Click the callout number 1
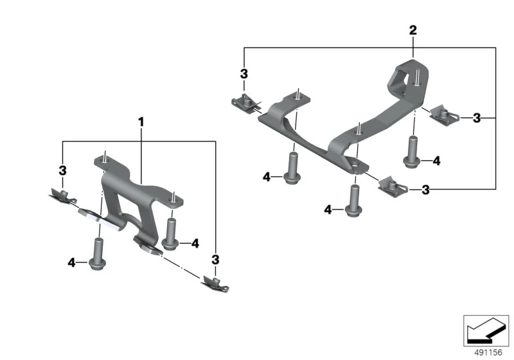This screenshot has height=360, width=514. coord(141,122)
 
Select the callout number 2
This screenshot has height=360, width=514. coord(413,30)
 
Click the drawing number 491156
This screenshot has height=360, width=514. coord(488,352)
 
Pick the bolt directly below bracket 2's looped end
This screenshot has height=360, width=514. coord(412,152)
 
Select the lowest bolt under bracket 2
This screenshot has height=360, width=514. coord(353,201)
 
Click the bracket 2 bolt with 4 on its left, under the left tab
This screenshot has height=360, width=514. coord(292,168)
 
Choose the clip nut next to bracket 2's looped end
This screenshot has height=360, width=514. coord(443,114)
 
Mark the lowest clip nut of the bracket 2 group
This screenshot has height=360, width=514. coord(393,187)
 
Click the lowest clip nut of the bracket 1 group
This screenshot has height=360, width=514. coord(215,283)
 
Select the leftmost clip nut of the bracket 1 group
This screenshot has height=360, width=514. coord(62,197)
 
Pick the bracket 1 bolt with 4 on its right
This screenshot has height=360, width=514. coord(170,234)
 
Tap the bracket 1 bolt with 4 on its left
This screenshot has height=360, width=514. coord(98,254)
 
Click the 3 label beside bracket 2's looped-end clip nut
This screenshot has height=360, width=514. coord(477,118)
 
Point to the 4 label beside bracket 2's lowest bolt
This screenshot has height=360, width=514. coord(328,210)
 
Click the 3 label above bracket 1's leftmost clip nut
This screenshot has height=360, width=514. coord(62,170)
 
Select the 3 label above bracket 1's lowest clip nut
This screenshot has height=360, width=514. coord(215,260)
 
